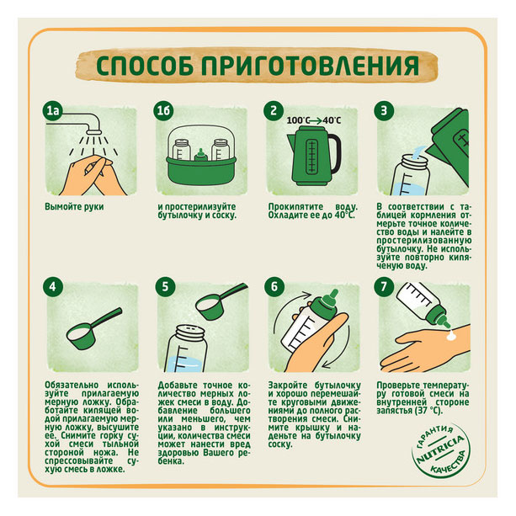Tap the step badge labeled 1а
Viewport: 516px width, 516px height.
[54, 110]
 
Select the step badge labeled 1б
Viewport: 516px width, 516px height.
[165, 110]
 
